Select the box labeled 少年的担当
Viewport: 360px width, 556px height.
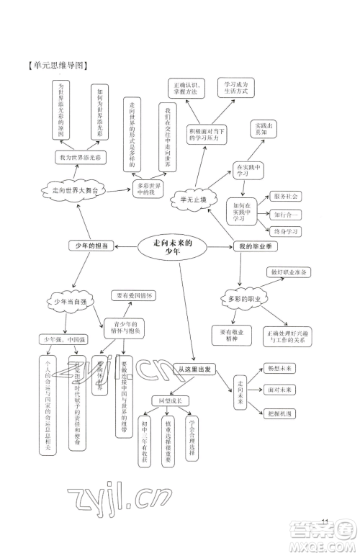pos(93,246)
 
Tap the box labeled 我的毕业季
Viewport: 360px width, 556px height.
pos(255,247)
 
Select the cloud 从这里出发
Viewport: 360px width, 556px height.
pos(196,369)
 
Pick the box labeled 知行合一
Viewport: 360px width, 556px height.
pos(286,214)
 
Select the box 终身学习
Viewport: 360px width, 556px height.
pos(286,231)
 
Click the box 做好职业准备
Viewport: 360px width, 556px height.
pos(290,272)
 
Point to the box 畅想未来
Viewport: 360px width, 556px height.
pos(279,368)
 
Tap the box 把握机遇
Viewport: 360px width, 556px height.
pos(279,413)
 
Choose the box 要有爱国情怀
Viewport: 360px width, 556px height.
pos(134,295)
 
